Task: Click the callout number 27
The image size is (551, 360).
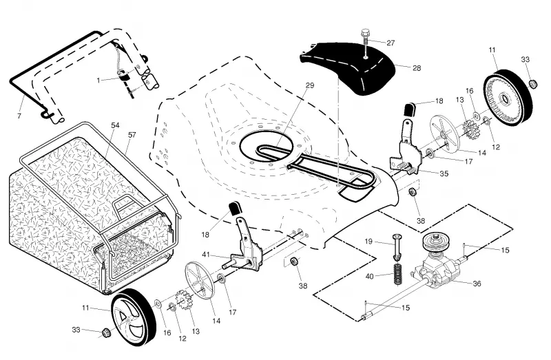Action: pyautogui.click(x=391, y=43)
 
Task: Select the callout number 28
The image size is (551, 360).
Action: pyautogui.click(x=417, y=67)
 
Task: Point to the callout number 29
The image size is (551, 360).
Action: pyautogui.click(x=309, y=85)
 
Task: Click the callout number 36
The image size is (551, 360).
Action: pyautogui.click(x=477, y=284)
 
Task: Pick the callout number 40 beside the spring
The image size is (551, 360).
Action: pyautogui.click(x=369, y=277)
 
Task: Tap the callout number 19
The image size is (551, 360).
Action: pyautogui.click(x=368, y=242)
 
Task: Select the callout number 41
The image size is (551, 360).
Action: pyautogui.click(x=206, y=254)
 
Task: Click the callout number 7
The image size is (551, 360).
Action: pyautogui.click(x=19, y=116)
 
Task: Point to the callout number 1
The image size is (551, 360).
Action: pyautogui.click(x=98, y=81)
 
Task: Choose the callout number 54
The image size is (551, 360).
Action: pyautogui.click(x=115, y=125)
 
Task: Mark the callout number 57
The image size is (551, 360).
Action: pyautogui.click(x=132, y=135)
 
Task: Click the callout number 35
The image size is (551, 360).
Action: pyautogui.click(x=444, y=173)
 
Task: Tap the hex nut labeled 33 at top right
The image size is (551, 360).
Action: pyautogui.click(x=533, y=84)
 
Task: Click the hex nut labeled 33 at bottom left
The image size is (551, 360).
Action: pyautogui.click(x=106, y=332)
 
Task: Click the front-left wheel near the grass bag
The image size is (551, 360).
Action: pyautogui.click(x=134, y=317)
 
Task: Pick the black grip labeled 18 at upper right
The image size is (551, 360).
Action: pyautogui.click(x=409, y=109)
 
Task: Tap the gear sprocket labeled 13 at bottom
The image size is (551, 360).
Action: pyautogui.click(x=184, y=300)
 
